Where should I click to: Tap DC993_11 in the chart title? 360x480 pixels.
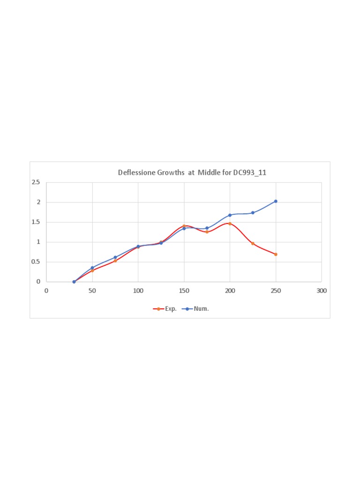[x=249, y=173]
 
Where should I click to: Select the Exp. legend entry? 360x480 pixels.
[x=165, y=309]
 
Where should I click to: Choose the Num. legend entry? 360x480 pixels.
[x=195, y=309]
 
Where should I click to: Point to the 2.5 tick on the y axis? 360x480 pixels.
[x=36, y=182]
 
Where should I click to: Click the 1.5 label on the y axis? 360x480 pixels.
[x=36, y=222]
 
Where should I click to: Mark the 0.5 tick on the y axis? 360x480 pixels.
[x=36, y=262]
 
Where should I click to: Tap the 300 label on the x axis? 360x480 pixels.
[x=322, y=291]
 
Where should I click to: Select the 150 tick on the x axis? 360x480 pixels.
[x=184, y=291]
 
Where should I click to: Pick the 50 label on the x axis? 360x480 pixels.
[x=92, y=291]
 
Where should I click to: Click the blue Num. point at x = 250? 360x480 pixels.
[x=276, y=201]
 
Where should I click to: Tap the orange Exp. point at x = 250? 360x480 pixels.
[x=276, y=255]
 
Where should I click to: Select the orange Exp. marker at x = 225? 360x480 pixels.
[x=253, y=244]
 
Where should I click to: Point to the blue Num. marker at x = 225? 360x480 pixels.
[x=253, y=213]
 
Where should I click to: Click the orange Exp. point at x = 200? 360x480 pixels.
[x=230, y=224]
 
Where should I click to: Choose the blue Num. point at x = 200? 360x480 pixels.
[x=230, y=215]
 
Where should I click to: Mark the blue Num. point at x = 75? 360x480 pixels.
[x=115, y=257]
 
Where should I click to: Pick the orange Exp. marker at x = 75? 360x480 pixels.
[x=115, y=261]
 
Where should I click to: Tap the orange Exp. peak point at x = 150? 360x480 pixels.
[x=184, y=226]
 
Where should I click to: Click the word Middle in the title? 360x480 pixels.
[x=209, y=172]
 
